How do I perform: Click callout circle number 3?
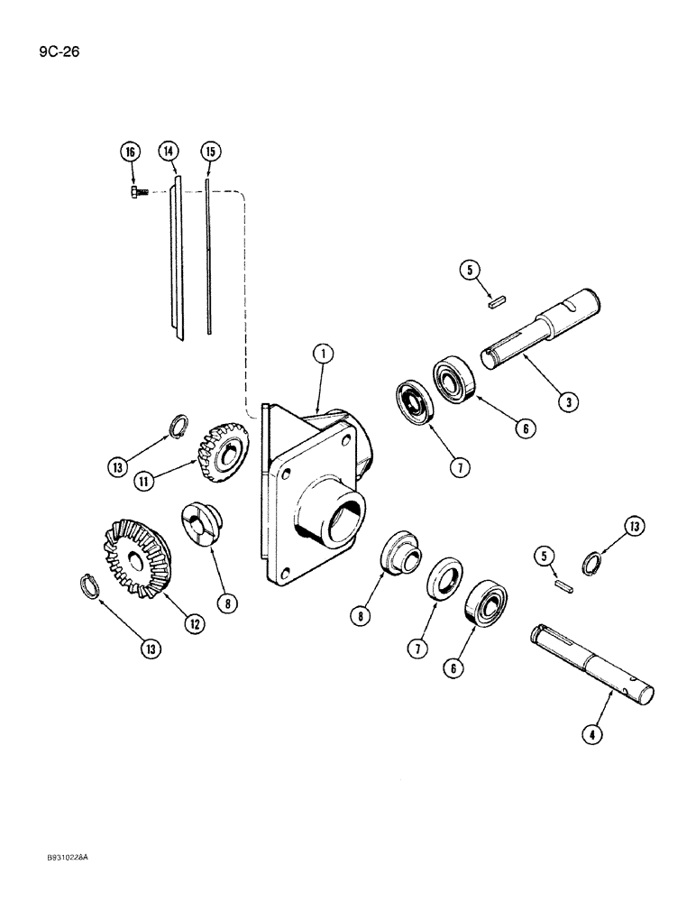(x=566, y=402)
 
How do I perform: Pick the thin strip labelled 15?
(x=208, y=262)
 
